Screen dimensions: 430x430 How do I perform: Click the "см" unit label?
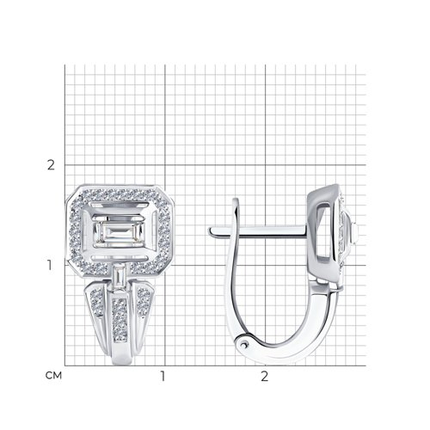click(x=53, y=375)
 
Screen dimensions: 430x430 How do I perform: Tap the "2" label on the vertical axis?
click(x=51, y=165)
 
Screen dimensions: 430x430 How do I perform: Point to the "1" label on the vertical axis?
click(x=50, y=265)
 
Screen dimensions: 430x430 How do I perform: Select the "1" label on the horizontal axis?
click(x=163, y=376)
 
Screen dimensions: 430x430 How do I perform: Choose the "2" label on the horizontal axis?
click(x=264, y=376)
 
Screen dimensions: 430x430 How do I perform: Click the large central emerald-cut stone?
click(x=120, y=232)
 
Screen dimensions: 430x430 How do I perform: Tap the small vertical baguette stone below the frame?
click(x=119, y=276)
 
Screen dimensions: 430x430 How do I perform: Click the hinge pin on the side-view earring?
click(x=244, y=343)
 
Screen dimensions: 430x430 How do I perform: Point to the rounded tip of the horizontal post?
click(x=211, y=231)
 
